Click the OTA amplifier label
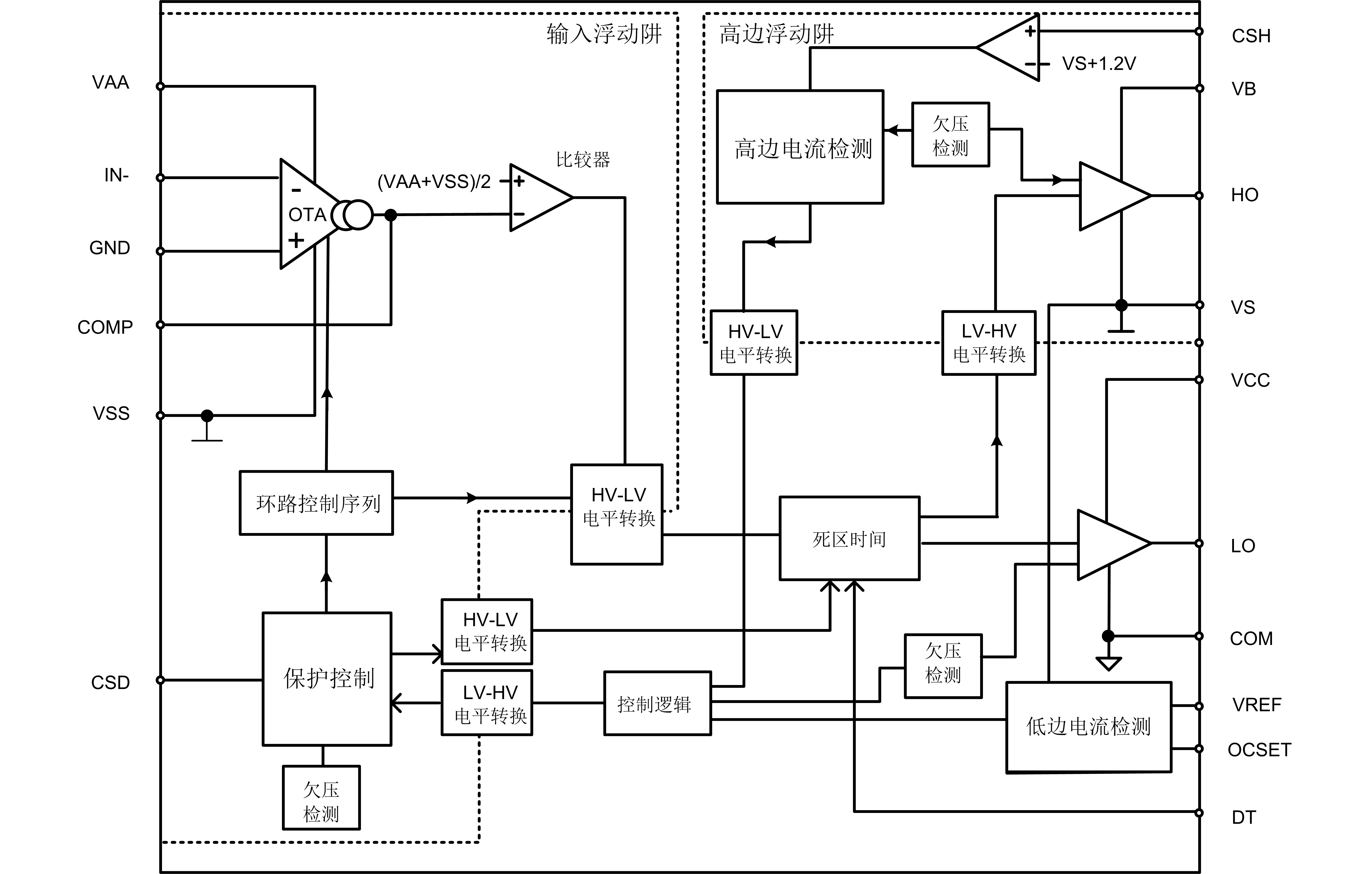(x=307, y=215)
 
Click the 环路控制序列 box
(x=316, y=503)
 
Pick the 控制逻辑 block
(x=657, y=704)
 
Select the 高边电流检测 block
(x=800, y=147)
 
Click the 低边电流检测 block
(x=1088, y=727)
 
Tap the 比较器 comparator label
(x=583, y=160)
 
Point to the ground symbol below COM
(x=1108, y=663)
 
